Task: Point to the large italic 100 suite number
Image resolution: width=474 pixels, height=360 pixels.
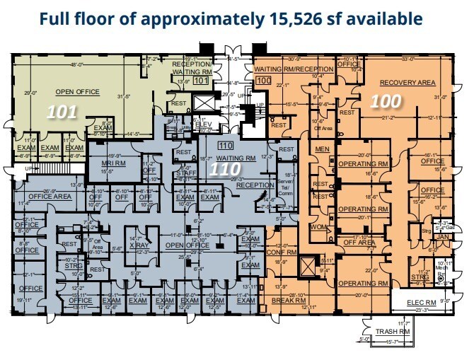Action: pyautogui.click(x=386, y=101)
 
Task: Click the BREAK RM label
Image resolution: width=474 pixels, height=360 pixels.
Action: pyautogui.click(x=287, y=301)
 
